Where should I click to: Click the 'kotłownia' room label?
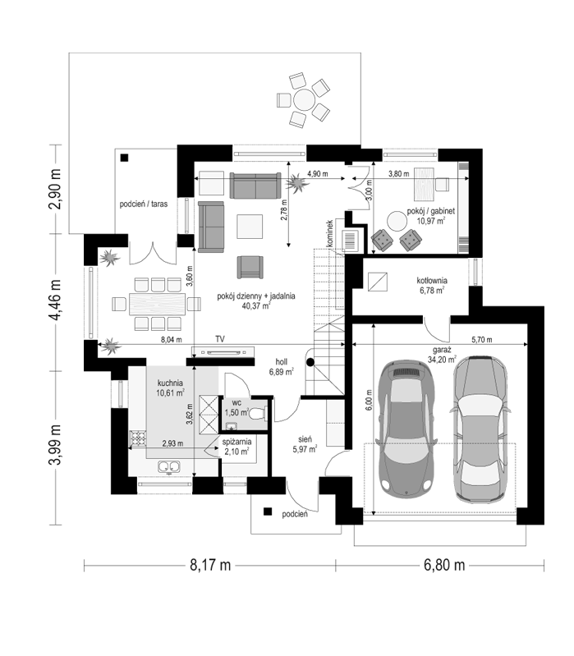click(432, 280)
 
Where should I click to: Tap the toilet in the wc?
click(258, 414)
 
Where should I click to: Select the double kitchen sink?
click(169, 466)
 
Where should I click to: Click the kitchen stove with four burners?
click(137, 438)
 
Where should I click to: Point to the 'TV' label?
click(220, 339)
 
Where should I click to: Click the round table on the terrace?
click(304, 100)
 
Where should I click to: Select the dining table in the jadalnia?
click(158, 304)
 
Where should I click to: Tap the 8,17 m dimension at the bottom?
click(210, 565)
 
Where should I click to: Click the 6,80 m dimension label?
click(444, 565)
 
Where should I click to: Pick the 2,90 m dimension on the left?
click(55, 189)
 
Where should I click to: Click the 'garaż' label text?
click(442, 350)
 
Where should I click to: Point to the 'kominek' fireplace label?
click(329, 232)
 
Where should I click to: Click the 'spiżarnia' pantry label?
click(236, 442)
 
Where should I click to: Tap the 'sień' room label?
click(305, 439)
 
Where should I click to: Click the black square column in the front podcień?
click(268, 511)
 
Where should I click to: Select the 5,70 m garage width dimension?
click(481, 340)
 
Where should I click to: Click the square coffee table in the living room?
click(250, 227)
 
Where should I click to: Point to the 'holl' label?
click(281, 361)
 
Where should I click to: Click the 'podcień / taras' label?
click(144, 204)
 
